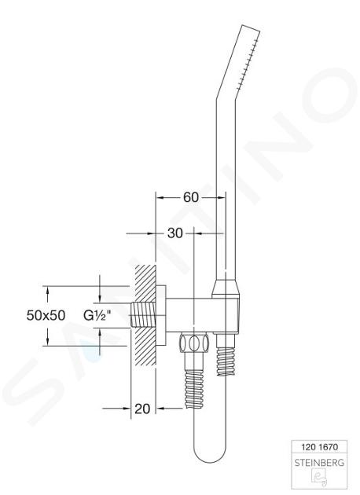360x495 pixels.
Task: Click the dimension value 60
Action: pyautogui.click(x=191, y=197)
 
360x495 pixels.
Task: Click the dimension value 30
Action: pyautogui.click(x=175, y=233)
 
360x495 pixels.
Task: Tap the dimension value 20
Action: pyautogui.click(x=142, y=409)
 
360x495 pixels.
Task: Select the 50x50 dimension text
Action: pyautogui.click(x=46, y=315)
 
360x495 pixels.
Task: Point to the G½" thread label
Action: pyautogui.click(x=97, y=315)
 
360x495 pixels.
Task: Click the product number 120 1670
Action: pyautogui.click(x=318, y=447)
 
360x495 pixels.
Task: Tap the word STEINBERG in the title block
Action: pyautogui.click(x=318, y=463)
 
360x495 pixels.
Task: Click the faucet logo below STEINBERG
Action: pyautogui.click(x=318, y=478)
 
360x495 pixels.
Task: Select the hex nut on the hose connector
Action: pyautogui.click(x=194, y=343)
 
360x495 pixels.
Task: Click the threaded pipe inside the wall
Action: pyautogui.click(x=143, y=315)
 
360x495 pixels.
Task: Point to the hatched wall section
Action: pyautogui.click(x=145, y=315)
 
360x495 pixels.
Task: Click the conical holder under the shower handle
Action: pyautogui.click(x=226, y=288)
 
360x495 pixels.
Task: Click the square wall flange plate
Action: pyautogui.click(x=161, y=315)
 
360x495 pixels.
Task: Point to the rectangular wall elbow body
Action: pyautogui.click(x=201, y=315)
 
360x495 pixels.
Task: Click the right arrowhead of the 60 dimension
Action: pyautogui.click(x=222, y=198)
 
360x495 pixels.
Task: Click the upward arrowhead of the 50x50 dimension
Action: pyautogui.click(x=47, y=290)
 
